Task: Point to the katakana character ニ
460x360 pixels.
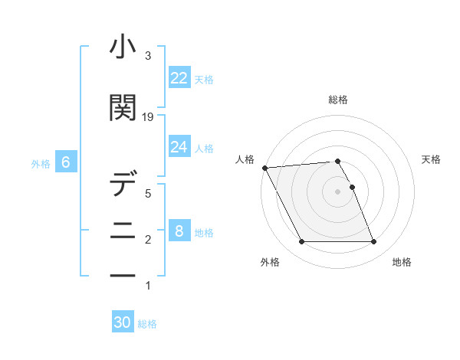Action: [123, 230]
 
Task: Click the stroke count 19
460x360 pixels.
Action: [148, 117]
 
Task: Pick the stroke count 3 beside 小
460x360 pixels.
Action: [148, 57]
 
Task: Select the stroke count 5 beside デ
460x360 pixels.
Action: [148, 194]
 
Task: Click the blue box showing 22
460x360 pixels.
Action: [179, 78]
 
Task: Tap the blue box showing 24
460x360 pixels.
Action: [179, 147]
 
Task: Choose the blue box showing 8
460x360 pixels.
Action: [179, 231]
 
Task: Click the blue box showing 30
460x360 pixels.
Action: [123, 322]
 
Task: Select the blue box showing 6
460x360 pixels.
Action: [66, 162]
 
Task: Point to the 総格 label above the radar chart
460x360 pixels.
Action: [338, 100]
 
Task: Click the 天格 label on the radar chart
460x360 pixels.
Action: [432, 159]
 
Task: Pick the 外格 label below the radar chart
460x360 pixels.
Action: [270, 262]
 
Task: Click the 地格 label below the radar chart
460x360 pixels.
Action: [402, 262]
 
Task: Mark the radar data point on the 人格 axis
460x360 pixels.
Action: [265, 168]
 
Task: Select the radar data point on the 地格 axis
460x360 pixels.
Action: [374, 242]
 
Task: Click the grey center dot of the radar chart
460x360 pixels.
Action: [338, 191]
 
